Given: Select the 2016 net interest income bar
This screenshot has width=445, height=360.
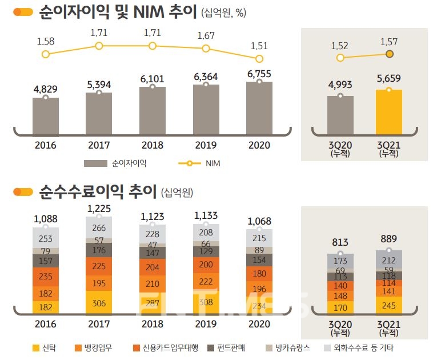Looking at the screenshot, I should (x=46, y=115).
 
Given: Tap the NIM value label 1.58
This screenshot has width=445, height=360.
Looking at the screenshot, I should (x=46, y=41).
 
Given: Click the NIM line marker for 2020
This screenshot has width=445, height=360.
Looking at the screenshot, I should (x=259, y=58).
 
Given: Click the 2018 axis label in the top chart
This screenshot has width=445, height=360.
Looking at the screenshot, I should (x=152, y=145).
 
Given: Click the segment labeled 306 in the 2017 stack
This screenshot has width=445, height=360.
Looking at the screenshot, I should (x=99, y=303).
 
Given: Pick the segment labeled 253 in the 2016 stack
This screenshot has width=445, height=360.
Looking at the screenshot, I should (x=46, y=238).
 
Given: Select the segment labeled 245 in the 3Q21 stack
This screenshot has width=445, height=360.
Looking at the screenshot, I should (x=389, y=305).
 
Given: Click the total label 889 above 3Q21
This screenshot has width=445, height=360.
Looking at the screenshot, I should (x=389, y=239).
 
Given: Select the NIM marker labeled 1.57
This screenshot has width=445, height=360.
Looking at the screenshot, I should (x=390, y=54).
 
